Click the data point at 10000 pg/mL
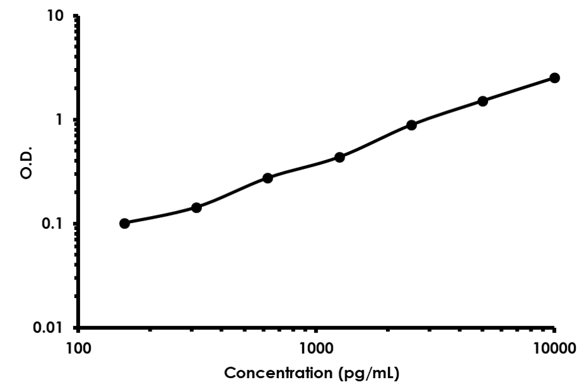pyautogui.click(x=554, y=78)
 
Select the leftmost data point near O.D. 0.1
pyautogui.click(x=124, y=223)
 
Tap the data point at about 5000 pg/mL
pyautogui.click(x=482, y=101)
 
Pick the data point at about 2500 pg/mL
pyautogui.click(x=411, y=125)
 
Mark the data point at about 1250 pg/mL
pyautogui.click(x=340, y=157)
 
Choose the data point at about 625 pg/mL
pyautogui.click(x=268, y=178)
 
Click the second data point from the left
pyautogui.click(x=196, y=208)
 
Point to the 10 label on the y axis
pyautogui.click(x=56, y=15)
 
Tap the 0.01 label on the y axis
pyautogui.click(x=50, y=328)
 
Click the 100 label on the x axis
pyautogui.click(x=78, y=348)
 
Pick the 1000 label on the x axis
pyautogui.click(x=316, y=348)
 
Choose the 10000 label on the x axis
pyautogui.click(x=554, y=348)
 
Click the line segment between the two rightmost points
pyautogui.click(x=519, y=90)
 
